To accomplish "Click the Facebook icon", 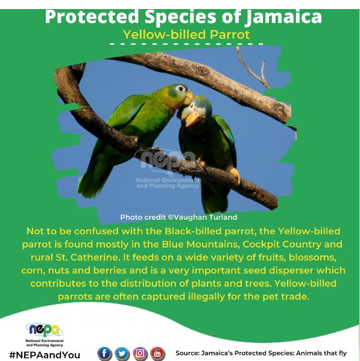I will pyautogui.click(x=104, y=353).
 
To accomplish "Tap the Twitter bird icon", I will pyautogui.click(x=122, y=353).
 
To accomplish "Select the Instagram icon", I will pyautogui.click(x=140, y=353).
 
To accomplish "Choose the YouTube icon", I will pyautogui.click(x=157, y=353).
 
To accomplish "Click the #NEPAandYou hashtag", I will pyautogui.click(x=45, y=354).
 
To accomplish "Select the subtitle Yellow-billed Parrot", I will pyautogui.click(x=186, y=34).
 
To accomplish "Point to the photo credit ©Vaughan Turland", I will pyautogui.click(x=178, y=217).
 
